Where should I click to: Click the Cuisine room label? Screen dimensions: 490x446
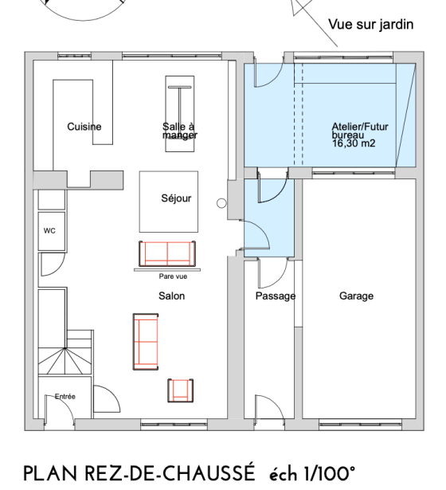[x=84, y=127]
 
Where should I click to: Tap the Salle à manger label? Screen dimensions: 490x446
[x=179, y=131]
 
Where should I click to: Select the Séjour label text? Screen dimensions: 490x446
[x=176, y=198]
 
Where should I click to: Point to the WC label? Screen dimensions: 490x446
[x=49, y=231]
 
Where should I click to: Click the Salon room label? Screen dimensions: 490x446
[x=171, y=296]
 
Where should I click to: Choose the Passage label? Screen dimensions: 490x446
[x=275, y=296]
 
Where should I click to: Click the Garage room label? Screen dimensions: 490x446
[x=356, y=296]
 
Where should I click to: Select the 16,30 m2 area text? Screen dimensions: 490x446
[x=354, y=144]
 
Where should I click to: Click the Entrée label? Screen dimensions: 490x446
[x=65, y=396]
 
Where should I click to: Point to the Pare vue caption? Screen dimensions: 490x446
[x=172, y=276]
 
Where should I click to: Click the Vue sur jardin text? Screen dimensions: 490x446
[x=371, y=25]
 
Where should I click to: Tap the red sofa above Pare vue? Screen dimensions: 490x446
[x=166, y=253]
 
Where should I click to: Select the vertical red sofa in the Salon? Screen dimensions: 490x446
[x=147, y=342]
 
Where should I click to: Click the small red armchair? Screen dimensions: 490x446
[x=181, y=390]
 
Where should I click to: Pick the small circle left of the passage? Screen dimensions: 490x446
[x=222, y=204]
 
